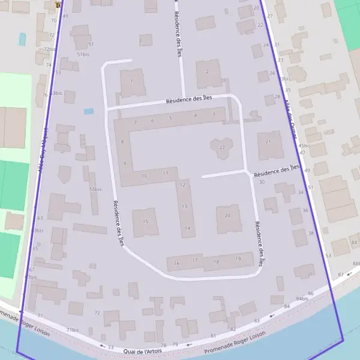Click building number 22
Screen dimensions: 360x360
pyautogui.click(x=222, y=147)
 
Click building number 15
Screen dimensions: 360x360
pyautogui.click(x=145, y=221)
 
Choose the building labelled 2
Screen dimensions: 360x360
pyautogui.click(x=207, y=71)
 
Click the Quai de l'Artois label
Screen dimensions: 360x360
pyautogui.click(x=143, y=350)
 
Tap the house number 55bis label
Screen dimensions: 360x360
pyautogui.click(x=95, y=190)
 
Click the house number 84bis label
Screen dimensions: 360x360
pyautogui.click(x=302, y=298)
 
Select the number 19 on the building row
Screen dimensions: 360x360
pyautogui.click(x=238, y=259)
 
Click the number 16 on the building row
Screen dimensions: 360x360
pyautogui.click(x=176, y=263)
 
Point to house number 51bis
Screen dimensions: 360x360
pyautogui.click(x=83, y=54)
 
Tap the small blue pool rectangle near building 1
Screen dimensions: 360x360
pyautogui.click(x=89, y=111)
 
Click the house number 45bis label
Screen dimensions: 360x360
pyautogui.click(x=304, y=145)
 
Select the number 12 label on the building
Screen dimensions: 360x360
pyautogui.click(x=182, y=185)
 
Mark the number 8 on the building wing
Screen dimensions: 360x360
pyautogui.click(x=122, y=142)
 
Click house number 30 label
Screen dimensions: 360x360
pyautogui.click(x=262, y=182)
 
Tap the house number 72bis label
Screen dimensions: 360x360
pyautogui.click(x=49, y=49)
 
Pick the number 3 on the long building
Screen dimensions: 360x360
pyautogui.click(x=214, y=113)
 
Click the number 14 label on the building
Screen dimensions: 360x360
pyautogui.click(x=188, y=228)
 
